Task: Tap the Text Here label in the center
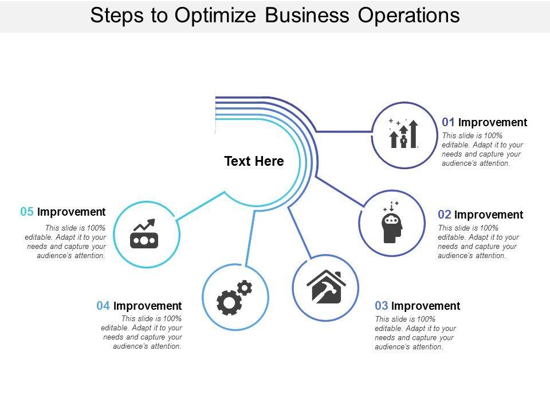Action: click(254, 162)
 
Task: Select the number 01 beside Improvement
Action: click(448, 122)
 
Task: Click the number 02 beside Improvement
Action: click(445, 215)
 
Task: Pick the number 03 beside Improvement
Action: click(382, 306)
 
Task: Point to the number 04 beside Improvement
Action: click(103, 306)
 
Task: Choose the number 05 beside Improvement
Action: click(27, 212)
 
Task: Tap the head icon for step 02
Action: click(392, 223)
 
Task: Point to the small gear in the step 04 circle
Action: click(245, 287)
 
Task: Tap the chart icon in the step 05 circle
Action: click(143, 233)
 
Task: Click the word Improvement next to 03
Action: click(426, 306)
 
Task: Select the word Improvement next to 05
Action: click(71, 212)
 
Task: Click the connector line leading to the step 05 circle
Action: click(201, 206)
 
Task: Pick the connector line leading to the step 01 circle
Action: click(344, 132)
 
